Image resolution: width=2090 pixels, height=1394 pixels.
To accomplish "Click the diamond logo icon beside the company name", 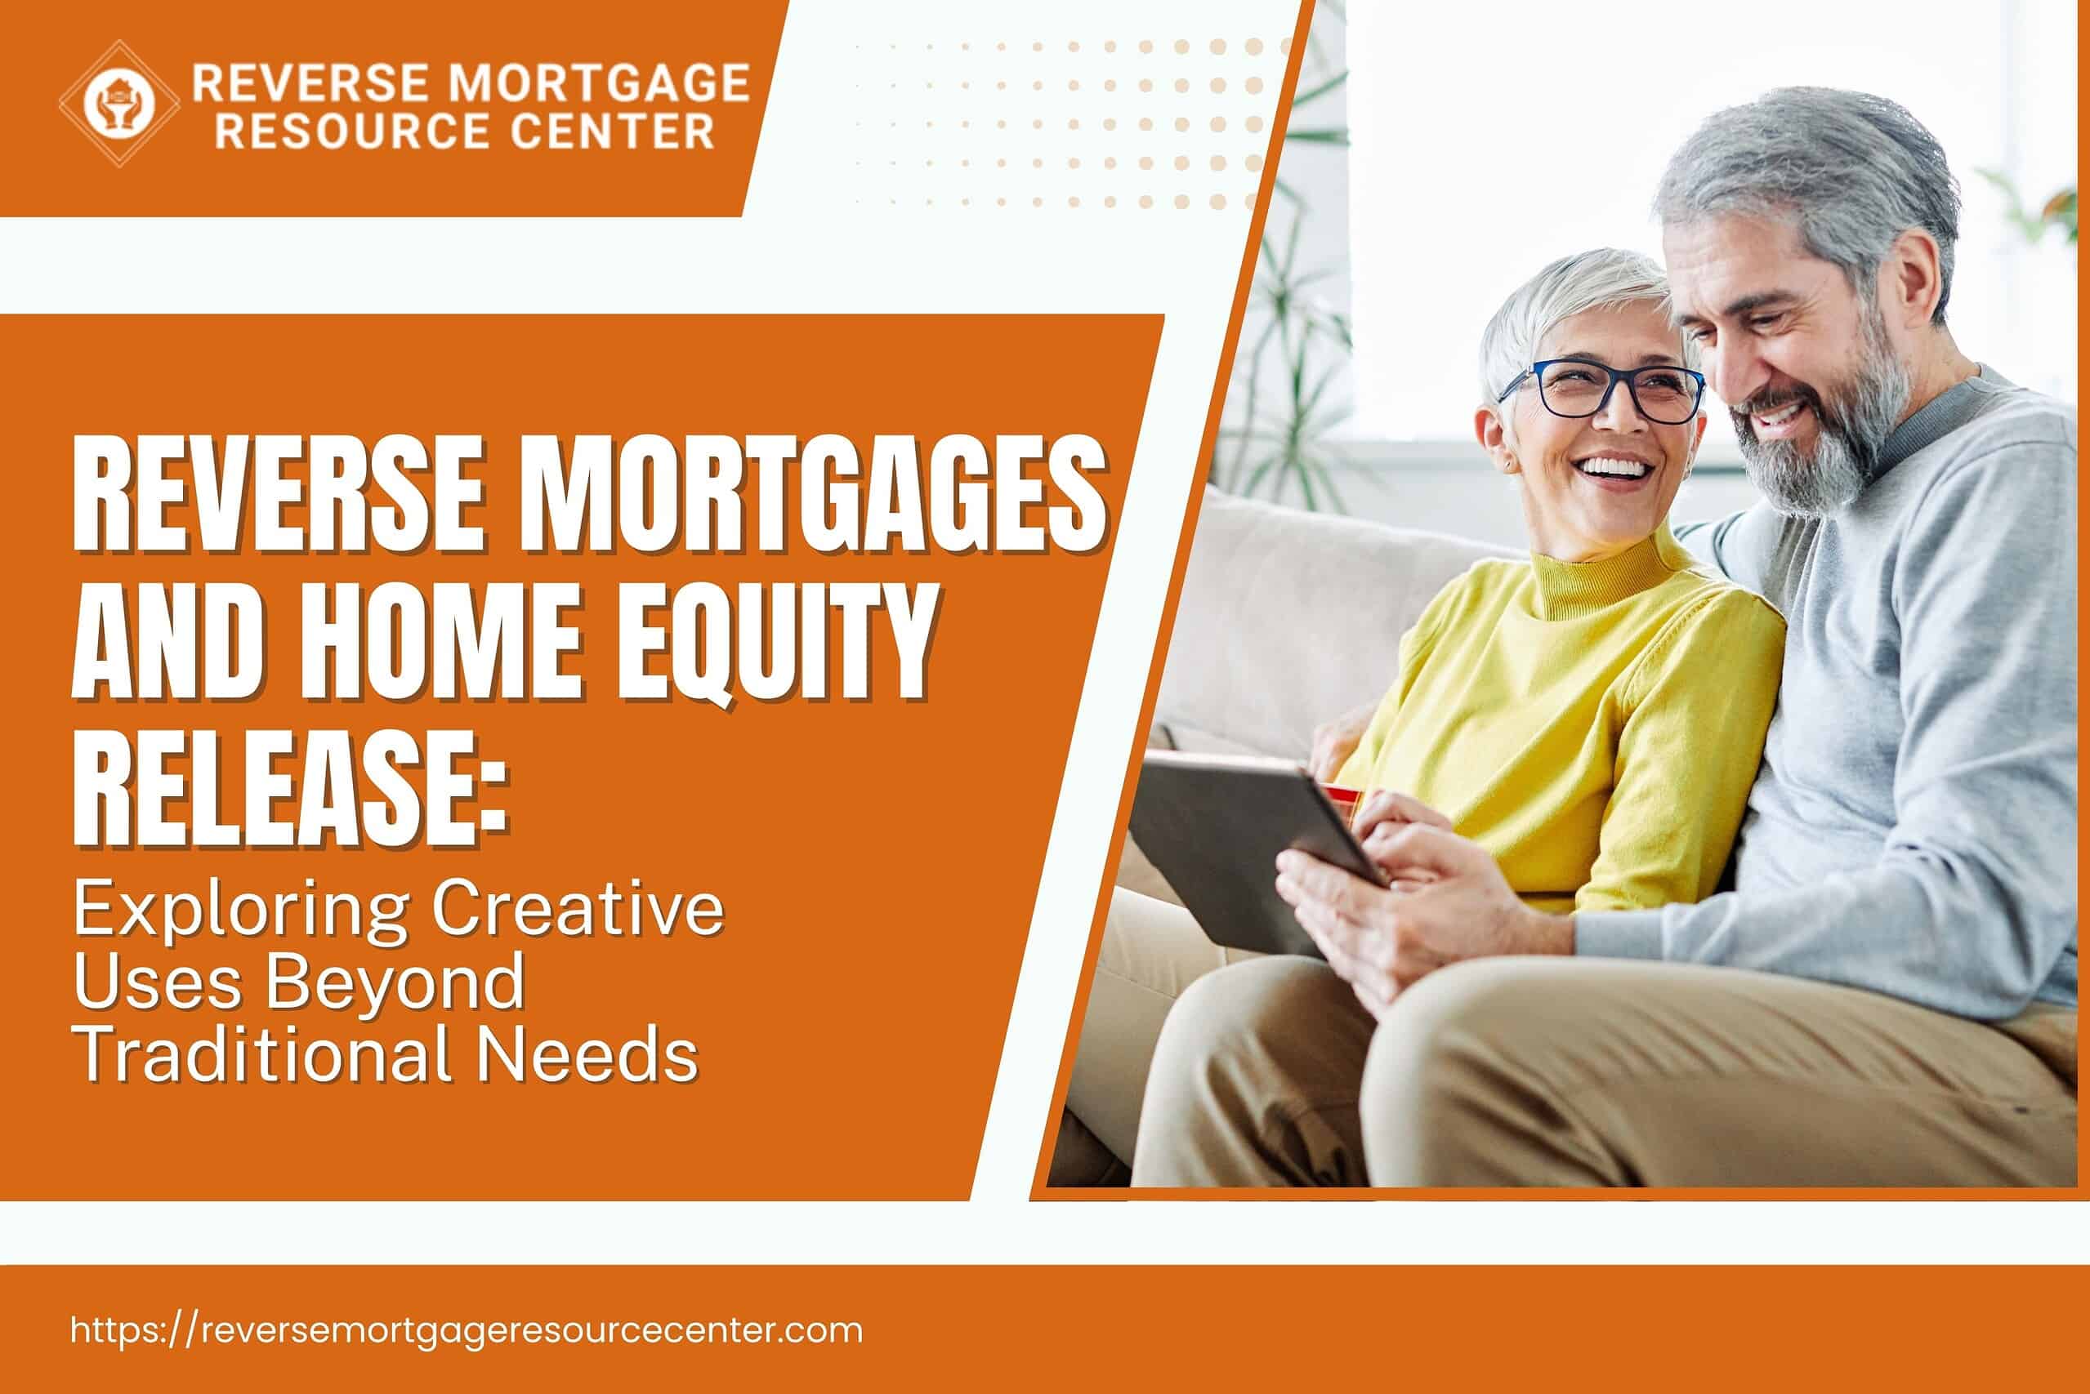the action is [x=119, y=104].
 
